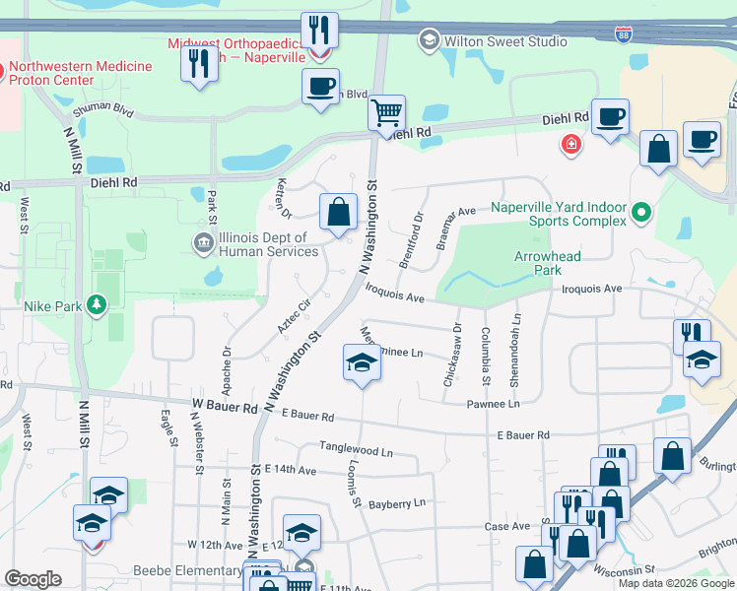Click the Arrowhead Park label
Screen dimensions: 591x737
(x=548, y=263)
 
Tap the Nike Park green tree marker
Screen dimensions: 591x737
(x=97, y=305)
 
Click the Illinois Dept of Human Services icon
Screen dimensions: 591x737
(x=204, y=242)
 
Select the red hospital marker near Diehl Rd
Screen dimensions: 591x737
(x=569, y=146)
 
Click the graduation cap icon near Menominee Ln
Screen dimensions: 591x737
(x=362, y=362)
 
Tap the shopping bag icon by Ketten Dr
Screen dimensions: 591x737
(x=338, y=211)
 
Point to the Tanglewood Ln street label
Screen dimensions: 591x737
(x=356, y=449)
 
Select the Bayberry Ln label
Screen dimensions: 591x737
(x=397, y=503)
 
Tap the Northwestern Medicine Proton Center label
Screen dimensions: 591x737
(x=81, y=73)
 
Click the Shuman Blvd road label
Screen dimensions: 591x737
(x=109, y=109)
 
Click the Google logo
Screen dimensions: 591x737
(x=33, y=579)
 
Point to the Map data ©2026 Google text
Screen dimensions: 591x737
(x=676, y=583)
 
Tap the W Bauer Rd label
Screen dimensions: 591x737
(x=225, y=406)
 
